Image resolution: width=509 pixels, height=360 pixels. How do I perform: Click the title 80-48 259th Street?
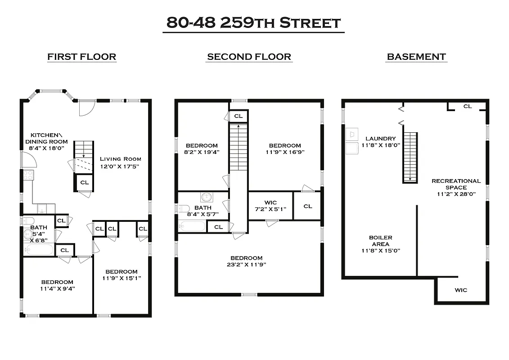coord(253,22)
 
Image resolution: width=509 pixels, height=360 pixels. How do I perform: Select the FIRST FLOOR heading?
coord(82,57)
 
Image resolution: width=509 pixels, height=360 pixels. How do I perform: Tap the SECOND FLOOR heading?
coord(249,57)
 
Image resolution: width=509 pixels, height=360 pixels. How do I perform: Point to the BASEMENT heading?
coord(416,57)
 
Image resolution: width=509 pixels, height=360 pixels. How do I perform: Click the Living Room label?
coord(120,159)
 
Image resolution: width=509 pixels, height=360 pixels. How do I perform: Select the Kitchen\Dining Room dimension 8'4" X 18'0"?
coord(49,148)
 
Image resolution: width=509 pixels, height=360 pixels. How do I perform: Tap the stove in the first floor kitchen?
coord(28,175)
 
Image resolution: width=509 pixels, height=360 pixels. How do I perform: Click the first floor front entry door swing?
coord(86,108)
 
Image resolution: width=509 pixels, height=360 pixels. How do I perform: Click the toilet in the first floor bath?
coord(28,220)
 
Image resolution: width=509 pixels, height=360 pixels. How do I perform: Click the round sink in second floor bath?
coord(207,197)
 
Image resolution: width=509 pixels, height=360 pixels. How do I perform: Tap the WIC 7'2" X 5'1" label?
coord(270,206)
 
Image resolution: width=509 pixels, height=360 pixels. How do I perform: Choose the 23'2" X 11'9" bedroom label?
coord(246,261)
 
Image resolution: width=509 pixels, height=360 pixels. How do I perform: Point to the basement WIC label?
coord(460,290)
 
